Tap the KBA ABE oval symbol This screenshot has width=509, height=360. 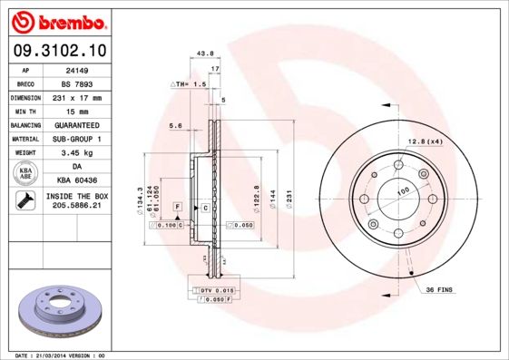(x=26, y=173)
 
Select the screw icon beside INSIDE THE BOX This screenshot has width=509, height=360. (x=26, y=201)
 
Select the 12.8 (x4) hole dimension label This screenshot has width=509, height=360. (x=425, y=141)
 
